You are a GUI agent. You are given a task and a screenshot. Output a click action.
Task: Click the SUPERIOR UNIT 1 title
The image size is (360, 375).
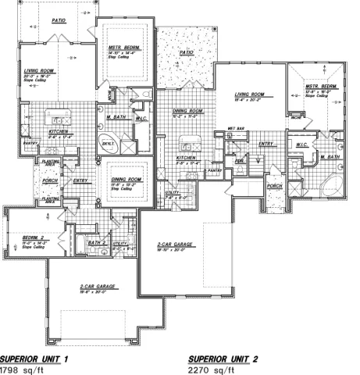(34, 359)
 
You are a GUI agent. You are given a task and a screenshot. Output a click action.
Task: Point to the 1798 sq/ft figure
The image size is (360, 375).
(20, 370)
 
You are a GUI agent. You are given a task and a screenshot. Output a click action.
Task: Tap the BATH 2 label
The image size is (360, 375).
(96, 243)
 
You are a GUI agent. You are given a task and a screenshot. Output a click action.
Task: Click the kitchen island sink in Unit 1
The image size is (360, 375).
(57, 120)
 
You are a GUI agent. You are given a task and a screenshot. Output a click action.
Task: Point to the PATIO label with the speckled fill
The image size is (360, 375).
(186, 53)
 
